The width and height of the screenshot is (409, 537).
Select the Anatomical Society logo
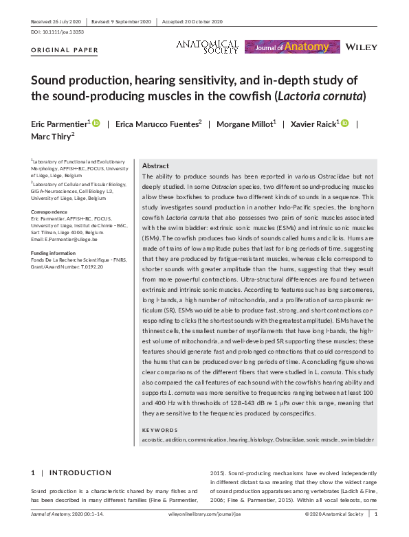point(207,46)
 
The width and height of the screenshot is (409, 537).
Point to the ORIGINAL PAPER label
point(65,50)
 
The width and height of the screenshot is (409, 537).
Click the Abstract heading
point(156,166)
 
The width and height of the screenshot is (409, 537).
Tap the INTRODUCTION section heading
point(80,472)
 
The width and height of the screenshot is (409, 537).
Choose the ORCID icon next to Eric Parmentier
point(96,123)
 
